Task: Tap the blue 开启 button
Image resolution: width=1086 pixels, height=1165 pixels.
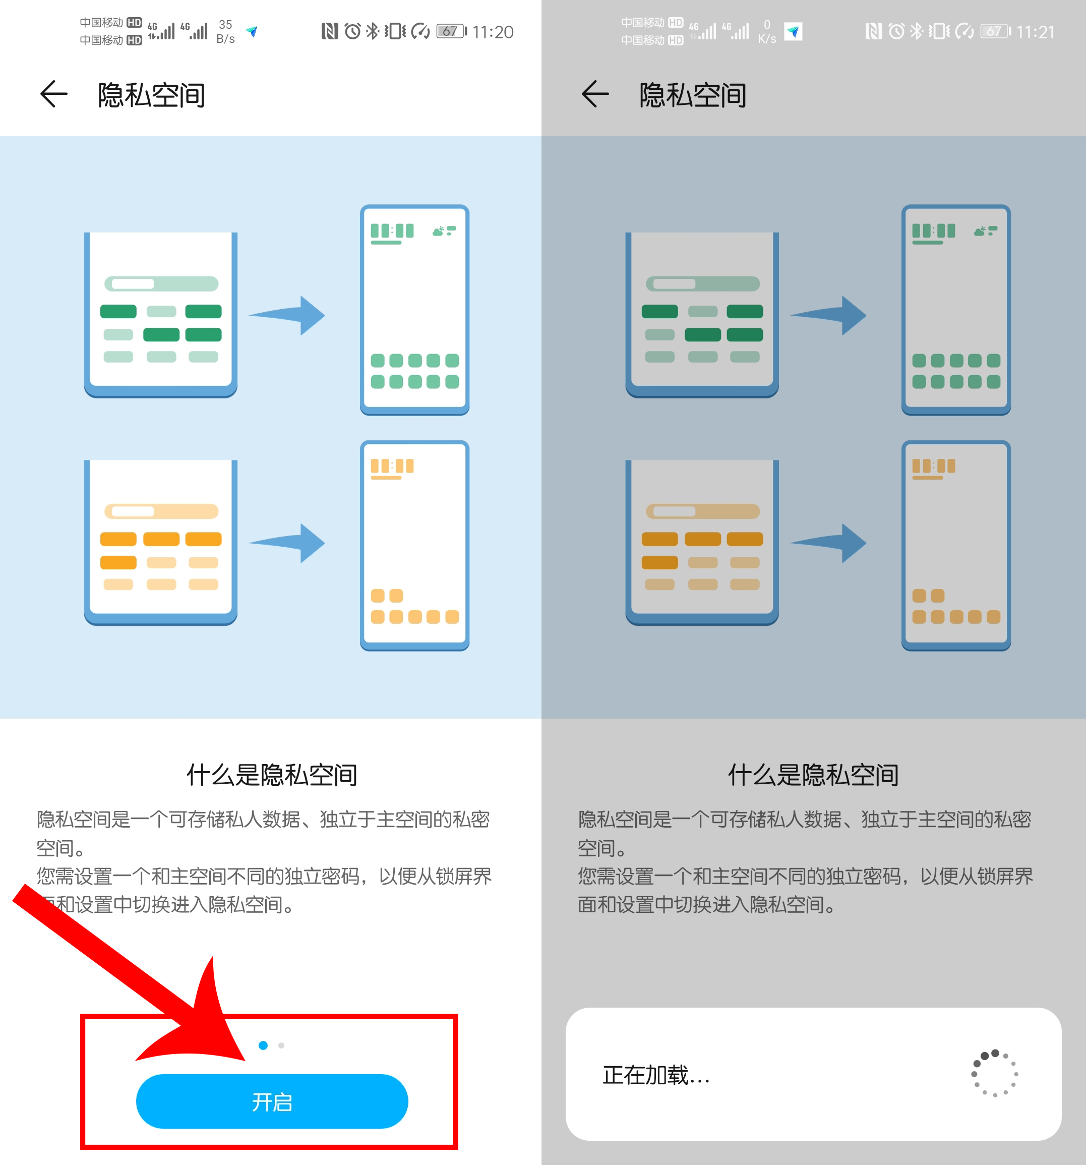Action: pos(272,1101)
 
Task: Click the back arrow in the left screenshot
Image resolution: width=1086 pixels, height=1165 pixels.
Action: pos(54,94)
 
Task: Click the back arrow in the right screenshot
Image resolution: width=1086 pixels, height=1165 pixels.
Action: pos(595,94)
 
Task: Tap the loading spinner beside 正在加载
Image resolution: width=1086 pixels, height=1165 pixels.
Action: pos(995,1074)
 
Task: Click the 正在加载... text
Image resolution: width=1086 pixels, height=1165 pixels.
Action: pos(656,1075)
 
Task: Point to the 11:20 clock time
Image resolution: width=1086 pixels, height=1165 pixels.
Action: pos(493,32)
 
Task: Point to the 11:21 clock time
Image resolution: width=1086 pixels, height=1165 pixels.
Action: pos(1035,32)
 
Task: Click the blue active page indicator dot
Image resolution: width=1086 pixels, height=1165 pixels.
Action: pos(263,1045)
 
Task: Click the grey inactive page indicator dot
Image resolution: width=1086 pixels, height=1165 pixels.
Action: pos(282,1045)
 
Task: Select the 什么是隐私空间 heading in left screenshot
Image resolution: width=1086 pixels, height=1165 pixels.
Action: pos(272,775)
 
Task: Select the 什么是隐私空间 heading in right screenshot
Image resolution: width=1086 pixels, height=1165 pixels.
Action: pos(813,775)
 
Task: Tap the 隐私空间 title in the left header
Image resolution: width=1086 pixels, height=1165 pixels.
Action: pos(151,95)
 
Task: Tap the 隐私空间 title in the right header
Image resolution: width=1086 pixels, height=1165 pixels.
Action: pos(692,95)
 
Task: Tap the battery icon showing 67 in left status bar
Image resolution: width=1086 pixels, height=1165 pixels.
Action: pos(451,31)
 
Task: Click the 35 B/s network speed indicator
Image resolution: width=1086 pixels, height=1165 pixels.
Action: pos(225,32)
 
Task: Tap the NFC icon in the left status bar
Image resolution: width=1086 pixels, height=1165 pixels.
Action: pos(330,31)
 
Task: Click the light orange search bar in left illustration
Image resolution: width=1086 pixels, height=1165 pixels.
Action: pos(161,511)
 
